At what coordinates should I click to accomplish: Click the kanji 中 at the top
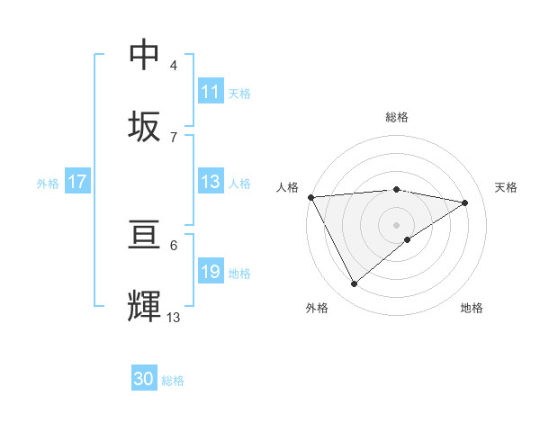click(145, 56)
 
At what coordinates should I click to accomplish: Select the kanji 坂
click(145, 126)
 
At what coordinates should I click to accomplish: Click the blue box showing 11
click(211, 92)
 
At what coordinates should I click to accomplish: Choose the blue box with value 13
click(211, 182)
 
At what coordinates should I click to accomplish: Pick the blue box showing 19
click(211, 272)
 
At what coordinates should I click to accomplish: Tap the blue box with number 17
click(76, 182)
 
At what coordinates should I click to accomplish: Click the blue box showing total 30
click(144, 379)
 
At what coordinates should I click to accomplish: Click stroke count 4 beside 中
click(174, 66)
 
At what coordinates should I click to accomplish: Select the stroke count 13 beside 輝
click(174, 317)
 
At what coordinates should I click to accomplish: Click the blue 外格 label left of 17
click(48, 183)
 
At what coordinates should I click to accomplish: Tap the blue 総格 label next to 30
click(173, 380)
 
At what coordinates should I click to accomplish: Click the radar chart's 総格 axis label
click(397, 117)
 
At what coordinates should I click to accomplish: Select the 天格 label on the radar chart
click(506, 187)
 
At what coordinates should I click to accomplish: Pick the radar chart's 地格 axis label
click(472, 308)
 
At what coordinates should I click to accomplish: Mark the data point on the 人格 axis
click(310, 197)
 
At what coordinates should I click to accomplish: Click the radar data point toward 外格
click(355, 284)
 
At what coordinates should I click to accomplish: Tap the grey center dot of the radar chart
click(397, 225)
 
